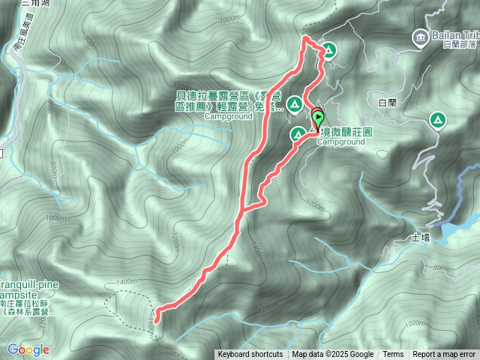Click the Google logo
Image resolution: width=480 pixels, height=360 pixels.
[x=28, y=349]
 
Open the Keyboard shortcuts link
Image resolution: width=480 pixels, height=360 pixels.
[x=250, y=355]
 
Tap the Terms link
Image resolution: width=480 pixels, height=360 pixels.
[x=393, y=355]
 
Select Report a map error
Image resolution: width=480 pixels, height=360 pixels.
[x=444, y=355]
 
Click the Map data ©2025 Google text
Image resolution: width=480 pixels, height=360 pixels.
[x=333, y=355]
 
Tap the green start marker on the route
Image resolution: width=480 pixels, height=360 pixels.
[x=317, y=118]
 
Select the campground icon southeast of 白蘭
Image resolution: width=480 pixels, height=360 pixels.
[x=436, y=119]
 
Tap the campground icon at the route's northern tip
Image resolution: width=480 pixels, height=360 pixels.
[x=328, y=51]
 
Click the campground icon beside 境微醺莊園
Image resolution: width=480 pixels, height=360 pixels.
[x=298, y=134]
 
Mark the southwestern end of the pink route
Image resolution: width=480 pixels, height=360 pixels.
[x=157, y=310]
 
